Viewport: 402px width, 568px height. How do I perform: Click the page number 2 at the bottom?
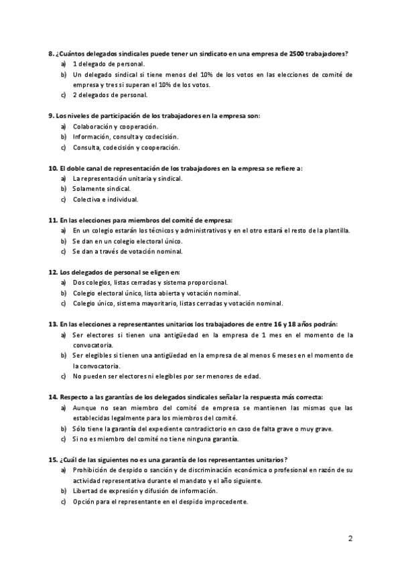[x=350, y=537]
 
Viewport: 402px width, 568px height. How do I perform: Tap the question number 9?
[x=52, y=116]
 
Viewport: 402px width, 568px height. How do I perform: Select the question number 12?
[x=53, y=273]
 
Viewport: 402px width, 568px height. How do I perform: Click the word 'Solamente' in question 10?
[x=87, y=189]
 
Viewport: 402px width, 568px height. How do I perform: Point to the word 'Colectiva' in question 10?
[x=86, y=200]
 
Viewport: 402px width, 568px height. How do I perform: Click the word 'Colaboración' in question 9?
[x=92, y=127]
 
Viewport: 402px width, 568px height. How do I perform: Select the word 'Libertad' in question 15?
[x=85, y=492]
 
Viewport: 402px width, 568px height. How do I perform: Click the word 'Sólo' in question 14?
[x=79, y=429]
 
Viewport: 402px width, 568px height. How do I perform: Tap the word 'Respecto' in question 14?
[x=74, y=397]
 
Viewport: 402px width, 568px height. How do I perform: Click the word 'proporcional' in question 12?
[x=208, y=283]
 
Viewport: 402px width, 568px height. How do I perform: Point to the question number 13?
[x=53, y=324]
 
